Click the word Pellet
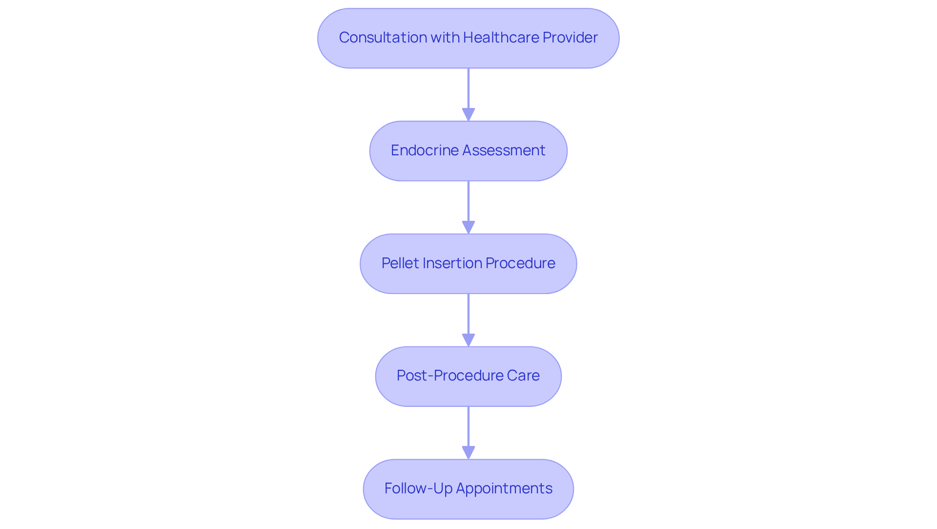click(400, 263)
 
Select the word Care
click(523, 376)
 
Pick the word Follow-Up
click(418, 488)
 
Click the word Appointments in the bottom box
click(504, 488)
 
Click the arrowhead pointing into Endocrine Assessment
click(468, 115)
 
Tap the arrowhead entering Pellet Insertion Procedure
click(468, 228)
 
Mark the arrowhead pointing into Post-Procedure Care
click(468, 340)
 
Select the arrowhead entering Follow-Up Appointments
click(468, 453)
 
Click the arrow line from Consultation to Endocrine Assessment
click(468, 88)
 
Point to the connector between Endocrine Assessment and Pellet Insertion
click(468, 201)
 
